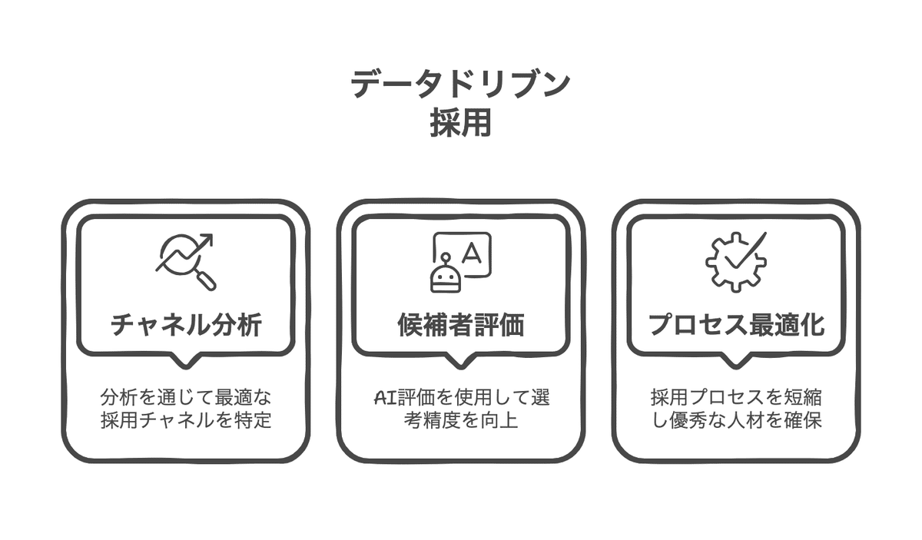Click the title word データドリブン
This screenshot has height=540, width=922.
(460, 84)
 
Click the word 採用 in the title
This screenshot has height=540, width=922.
(460, 122)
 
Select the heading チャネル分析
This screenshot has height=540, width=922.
(186, 325)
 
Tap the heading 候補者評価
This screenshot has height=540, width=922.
(461, 325)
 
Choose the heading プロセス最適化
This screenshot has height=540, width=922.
(736, 325)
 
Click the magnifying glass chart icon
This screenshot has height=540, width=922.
(186, 262)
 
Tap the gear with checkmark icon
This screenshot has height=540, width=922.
(736, 262)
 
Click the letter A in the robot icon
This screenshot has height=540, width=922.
(471, 253)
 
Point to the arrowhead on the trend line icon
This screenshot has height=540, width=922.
(207, 240)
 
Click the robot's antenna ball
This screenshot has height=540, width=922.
(445, 257)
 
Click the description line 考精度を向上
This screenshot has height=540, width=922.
(460, 421)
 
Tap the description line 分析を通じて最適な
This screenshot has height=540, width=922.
(186, 398)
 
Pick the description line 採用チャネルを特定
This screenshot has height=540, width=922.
(186, 421)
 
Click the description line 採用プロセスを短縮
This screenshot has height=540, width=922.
(736, 398)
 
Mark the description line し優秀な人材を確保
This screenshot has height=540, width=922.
(736, 421)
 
